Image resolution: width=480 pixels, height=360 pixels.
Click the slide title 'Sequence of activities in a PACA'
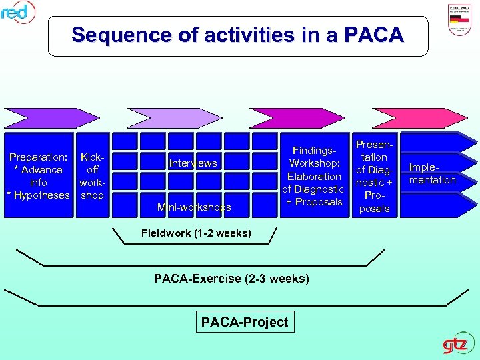(x=237, y=35)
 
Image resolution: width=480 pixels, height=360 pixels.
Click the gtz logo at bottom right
(x=459, y=345)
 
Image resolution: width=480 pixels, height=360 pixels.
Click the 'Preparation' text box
(x=38, y=176)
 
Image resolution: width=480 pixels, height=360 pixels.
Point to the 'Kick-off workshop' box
(x=92, y=176)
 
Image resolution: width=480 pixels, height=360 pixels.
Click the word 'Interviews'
(x=193, y=163)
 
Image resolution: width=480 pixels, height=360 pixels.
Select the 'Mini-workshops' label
(x=193, y=207)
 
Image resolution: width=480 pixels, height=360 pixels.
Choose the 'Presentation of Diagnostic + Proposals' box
(x=374, y=176)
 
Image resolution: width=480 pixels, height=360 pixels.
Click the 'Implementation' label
(x=433, y=174)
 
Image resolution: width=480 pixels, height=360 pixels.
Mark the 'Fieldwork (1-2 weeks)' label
(x=196, y=233)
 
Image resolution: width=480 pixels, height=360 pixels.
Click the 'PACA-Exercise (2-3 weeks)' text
(x=231, y=278)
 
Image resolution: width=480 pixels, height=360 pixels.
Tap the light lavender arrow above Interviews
(x=173, y=118)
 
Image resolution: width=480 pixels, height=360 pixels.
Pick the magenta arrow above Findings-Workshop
(x=297, y=118)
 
